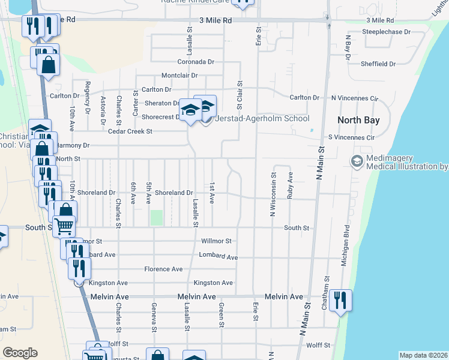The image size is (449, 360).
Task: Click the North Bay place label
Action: point(358,120)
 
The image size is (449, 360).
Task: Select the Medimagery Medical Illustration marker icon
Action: point(356,161)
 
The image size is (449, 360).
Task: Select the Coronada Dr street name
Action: point(196,62)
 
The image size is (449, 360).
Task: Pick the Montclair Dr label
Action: point(183,76)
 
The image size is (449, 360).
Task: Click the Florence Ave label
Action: point(163,269)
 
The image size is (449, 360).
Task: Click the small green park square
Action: point(157,218)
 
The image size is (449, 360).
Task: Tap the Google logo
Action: point(20,352)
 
